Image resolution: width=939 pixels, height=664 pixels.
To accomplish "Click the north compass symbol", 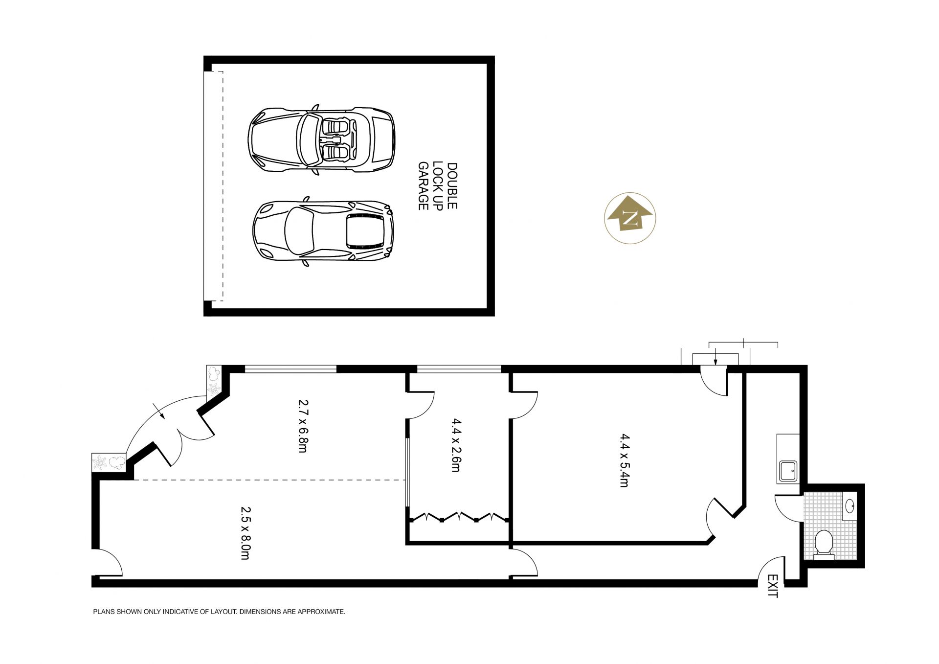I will tap(630, 218).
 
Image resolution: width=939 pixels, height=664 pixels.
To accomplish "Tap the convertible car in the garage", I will tap(321, 140).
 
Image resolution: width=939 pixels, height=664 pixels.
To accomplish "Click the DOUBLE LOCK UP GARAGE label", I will tap(437, 186).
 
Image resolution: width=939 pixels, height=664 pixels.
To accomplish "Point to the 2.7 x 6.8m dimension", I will tap(303, 426).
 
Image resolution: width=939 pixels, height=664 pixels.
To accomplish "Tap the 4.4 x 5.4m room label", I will tap(624, 460).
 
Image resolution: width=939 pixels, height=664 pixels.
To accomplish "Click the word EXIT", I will tap(772, 586).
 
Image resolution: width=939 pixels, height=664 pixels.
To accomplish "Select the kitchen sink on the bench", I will tap(788, 471).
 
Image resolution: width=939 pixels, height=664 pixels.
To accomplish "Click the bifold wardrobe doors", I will tap(458, 517).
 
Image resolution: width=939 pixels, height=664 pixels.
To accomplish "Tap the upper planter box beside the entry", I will tap(214, 381).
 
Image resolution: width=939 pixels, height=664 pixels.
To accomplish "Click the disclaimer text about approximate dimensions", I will tap(219, 612).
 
